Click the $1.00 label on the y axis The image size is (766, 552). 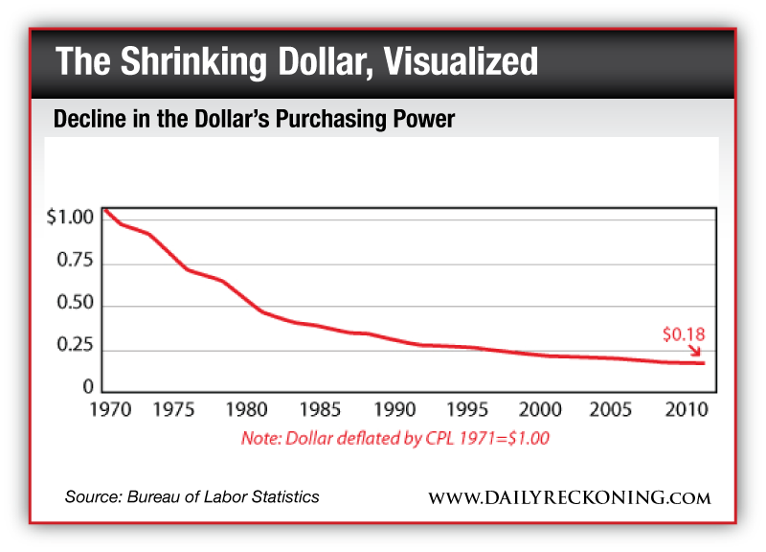click(70, 218)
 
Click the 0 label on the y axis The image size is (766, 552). click(88, 388)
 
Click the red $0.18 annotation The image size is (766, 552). click(683, 334)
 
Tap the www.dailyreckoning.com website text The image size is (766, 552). click(570, 497)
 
